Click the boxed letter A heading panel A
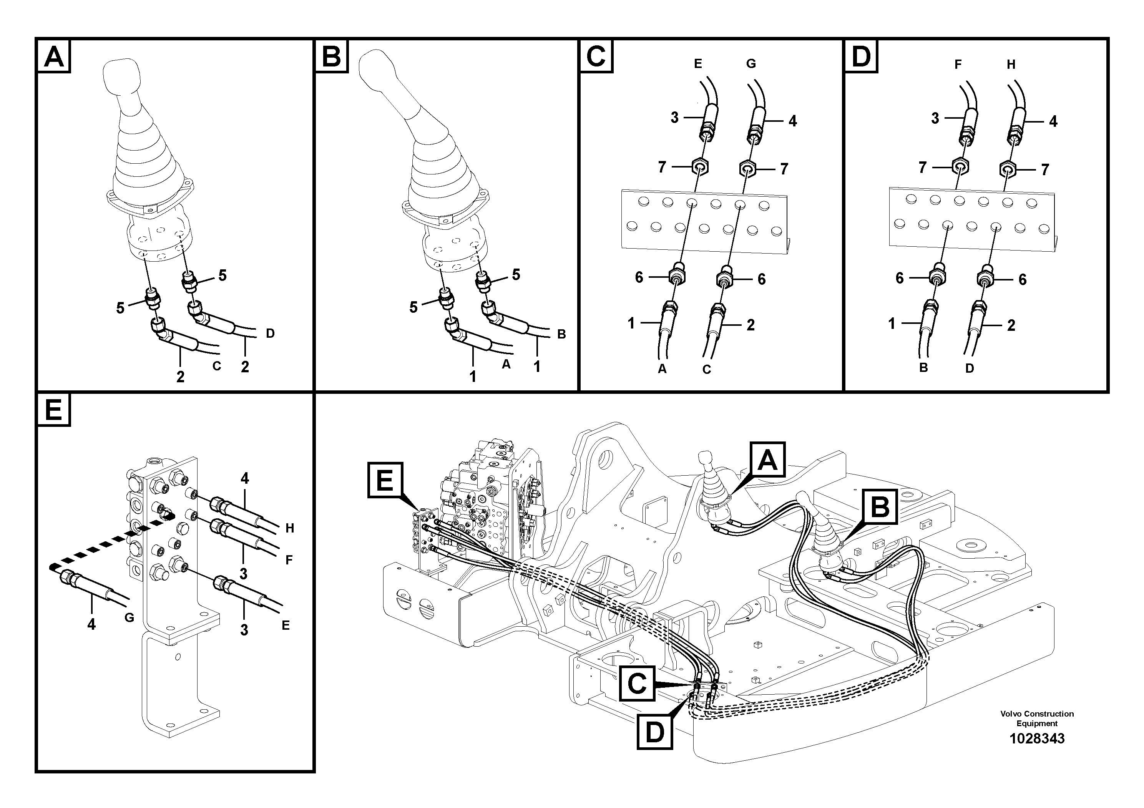(54, 56)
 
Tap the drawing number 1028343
(1036, 738)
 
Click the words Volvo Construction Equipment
(1036, 718)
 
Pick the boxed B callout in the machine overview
(880, 507)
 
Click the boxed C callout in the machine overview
(637, 684)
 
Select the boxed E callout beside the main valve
(385, 480)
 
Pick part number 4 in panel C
(792, 121)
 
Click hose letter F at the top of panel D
(958, 64)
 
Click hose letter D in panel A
(270, 333)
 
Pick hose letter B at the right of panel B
(561, 334)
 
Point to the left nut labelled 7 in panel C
(699, 166)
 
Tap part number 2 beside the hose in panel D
(1011, 325)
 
